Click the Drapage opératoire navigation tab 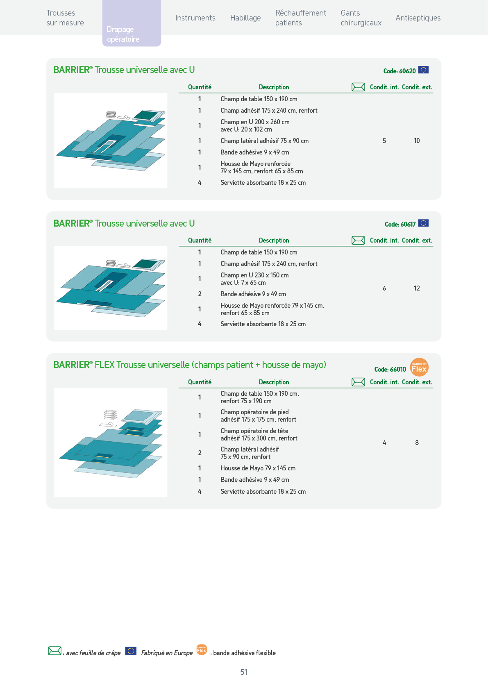tap(132, 23)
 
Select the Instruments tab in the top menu tap(195, 18)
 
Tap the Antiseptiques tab tap(418, 18)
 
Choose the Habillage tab tap(245, 18)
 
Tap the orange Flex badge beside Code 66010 tap(419, 367)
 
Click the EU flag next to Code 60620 tap(423, 70)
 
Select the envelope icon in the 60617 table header tap(358, 240)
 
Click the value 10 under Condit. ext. tap(417, 141)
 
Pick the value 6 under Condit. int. tap(384, 288)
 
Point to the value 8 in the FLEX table tap(417, 443)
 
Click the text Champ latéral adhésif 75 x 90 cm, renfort tap(250, 453)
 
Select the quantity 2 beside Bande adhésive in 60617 tap(200, 294)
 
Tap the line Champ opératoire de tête tap(254, 431)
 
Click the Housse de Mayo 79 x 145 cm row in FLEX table tap(258, 468)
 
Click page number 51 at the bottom tap(244, 672)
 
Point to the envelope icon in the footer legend tap(54, 651)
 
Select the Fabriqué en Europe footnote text tap(167, 653)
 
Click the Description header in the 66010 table tap(274, 382)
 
